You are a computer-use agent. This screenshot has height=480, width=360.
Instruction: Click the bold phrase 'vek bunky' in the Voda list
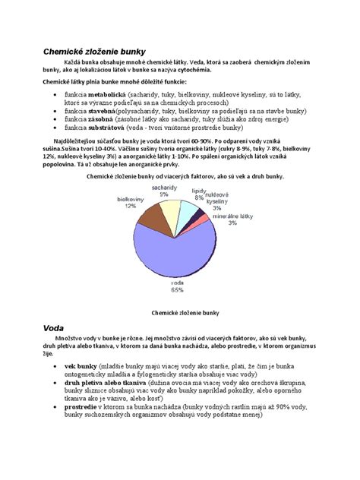coord(81,365)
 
